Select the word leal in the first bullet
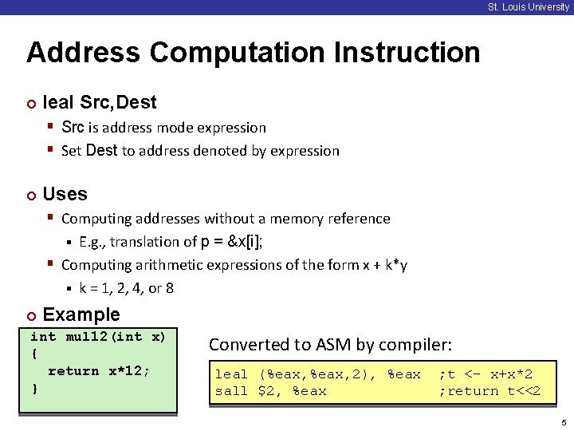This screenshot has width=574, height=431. [58, 102]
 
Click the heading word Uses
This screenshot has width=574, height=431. [65, 194]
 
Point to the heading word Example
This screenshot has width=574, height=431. [81, 314]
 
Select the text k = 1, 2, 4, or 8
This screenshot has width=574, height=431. [126, 288]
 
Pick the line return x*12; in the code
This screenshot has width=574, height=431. [99, 371]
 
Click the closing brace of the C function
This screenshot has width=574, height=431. [34, 388]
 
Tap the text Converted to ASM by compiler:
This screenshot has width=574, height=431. [330, 345]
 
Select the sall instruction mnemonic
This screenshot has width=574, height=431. [231, 391]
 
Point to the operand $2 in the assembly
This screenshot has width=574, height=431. [265, 391]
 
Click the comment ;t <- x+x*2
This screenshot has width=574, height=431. [486, 374]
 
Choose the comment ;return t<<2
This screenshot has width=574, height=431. [489, 391]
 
